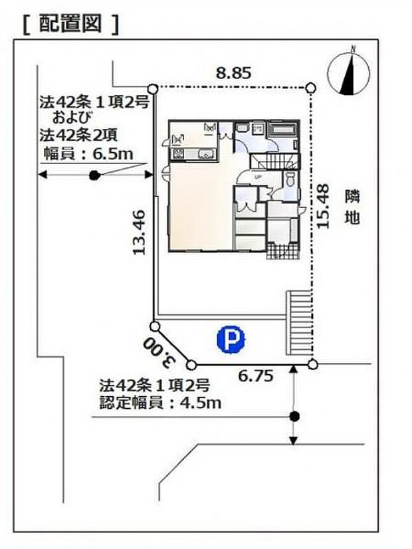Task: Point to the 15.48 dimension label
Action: [324, 207]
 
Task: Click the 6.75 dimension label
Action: [256, 376]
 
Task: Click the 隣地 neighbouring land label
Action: [352, 207]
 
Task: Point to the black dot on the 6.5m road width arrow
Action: [94, 175]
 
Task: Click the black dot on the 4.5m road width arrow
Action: [294, 417]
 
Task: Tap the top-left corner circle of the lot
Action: [152, 88]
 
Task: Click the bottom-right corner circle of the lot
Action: [312, 364]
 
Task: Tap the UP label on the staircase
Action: [257, 176]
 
